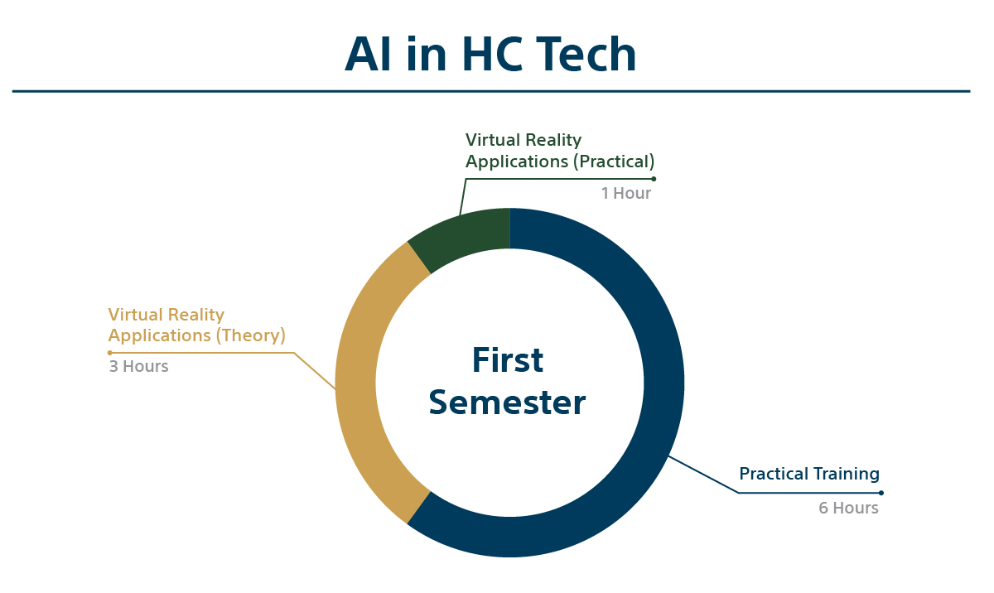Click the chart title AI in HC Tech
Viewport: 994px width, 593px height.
click(x=490, y=54)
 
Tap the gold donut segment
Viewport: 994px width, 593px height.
click(x=360, y=383)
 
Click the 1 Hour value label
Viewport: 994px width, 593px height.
click(x=625, y=193)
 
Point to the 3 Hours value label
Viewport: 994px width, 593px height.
click(x=139, y=366)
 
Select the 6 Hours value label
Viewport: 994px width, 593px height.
click(x=848, y=508)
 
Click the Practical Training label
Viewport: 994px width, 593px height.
click(x=809, y=474)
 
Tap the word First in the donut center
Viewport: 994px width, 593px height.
click(x=508, y=359)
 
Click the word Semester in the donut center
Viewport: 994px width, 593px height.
click(x=507, y=403)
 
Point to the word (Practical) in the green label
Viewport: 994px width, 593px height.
click(x=614, y=162)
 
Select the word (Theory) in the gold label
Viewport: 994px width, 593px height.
click(x=251, y=335)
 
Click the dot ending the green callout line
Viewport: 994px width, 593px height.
click(x=654, y=179)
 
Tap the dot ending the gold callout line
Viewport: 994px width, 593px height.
click(x=110, y=353)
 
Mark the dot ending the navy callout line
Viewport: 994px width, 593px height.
click(x=881, y=493)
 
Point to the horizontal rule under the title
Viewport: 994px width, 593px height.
click(x=491, y=91)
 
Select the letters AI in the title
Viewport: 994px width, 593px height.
click(x=368, y=54)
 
